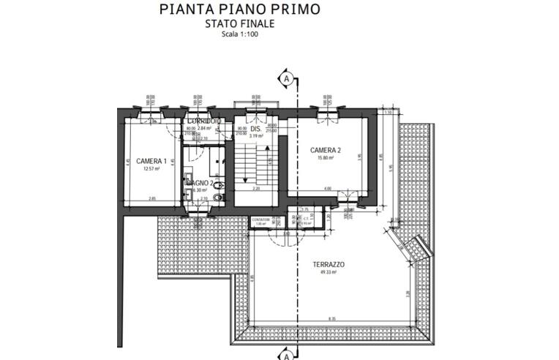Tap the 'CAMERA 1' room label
pyautogui.click(x=151, y=161)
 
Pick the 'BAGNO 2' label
pyautogui.click(x=199, y=182)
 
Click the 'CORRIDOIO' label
pyautogui.click(x=200, y=120)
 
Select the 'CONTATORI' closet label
pyautogui.click(x=261, y=219)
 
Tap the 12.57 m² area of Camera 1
pyautogui.click(x=151, y=169)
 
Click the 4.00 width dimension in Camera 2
pyautogui.click(x=327, y=189)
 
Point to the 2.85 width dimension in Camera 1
pyautogui.click(x=152, y=198)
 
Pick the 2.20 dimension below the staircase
pyautogui.click(x=256, y=189)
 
